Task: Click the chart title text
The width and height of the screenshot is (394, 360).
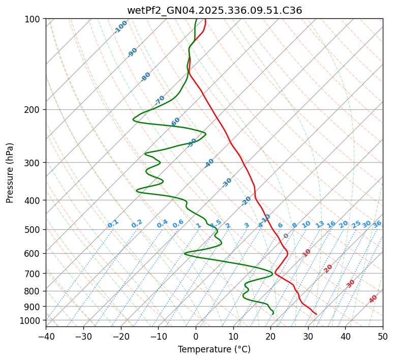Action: pos(215,10)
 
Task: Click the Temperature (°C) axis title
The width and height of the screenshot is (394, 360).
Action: pos(215,349)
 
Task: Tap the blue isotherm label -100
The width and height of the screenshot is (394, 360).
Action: pos(121,26)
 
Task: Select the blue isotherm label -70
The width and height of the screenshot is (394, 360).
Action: pos(160,100)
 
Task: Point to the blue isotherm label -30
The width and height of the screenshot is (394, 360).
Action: pos(227,183)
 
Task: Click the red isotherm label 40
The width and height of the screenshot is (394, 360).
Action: pos(373,299)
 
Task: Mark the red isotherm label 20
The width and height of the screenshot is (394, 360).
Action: pos(328,268)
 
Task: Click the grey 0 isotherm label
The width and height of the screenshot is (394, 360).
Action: pos(286,236)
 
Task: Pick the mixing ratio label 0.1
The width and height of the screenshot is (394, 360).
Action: pos(113,224)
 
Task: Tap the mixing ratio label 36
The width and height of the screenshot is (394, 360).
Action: pos(377,224)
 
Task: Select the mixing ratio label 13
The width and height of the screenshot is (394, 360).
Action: pos(320,224)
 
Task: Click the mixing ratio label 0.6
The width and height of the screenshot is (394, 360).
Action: pos(178,224)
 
